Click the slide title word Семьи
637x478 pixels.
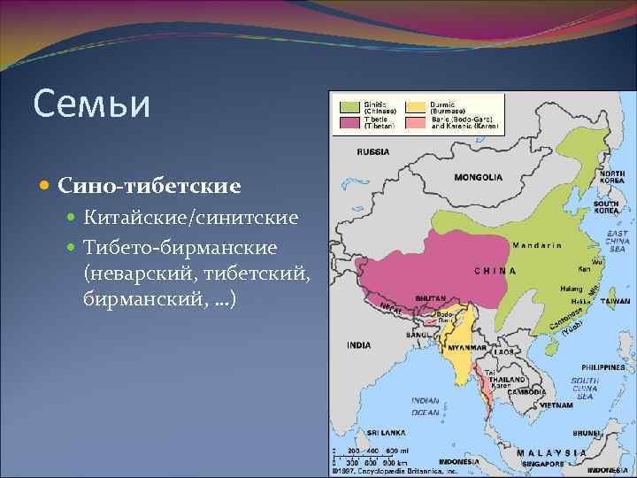92,104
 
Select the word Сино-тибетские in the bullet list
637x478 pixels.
150,187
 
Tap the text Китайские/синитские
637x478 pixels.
191,218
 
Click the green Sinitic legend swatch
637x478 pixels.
348,107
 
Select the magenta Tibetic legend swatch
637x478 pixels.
348,123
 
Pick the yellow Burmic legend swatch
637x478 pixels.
414,107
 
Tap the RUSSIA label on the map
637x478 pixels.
372,152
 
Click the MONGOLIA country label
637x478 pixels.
478,178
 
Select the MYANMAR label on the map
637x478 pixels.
467,348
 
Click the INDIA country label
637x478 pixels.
359,344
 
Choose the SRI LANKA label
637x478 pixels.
387,432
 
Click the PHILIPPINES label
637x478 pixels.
603,366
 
